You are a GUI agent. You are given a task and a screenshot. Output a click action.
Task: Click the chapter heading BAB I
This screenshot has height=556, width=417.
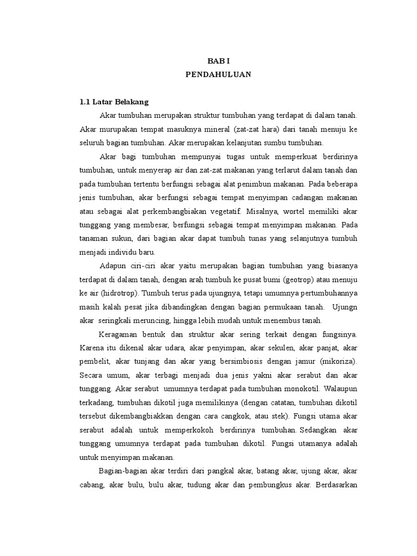pos(219,62)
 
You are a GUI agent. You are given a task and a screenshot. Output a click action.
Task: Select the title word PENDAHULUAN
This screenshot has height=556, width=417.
pos(219,75)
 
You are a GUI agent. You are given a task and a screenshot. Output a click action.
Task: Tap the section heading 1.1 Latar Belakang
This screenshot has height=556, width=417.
pos(114,102)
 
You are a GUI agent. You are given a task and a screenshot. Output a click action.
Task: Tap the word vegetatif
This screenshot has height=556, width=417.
pos(223,210)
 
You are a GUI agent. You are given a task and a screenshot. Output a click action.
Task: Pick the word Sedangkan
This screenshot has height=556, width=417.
pos(321,429)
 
